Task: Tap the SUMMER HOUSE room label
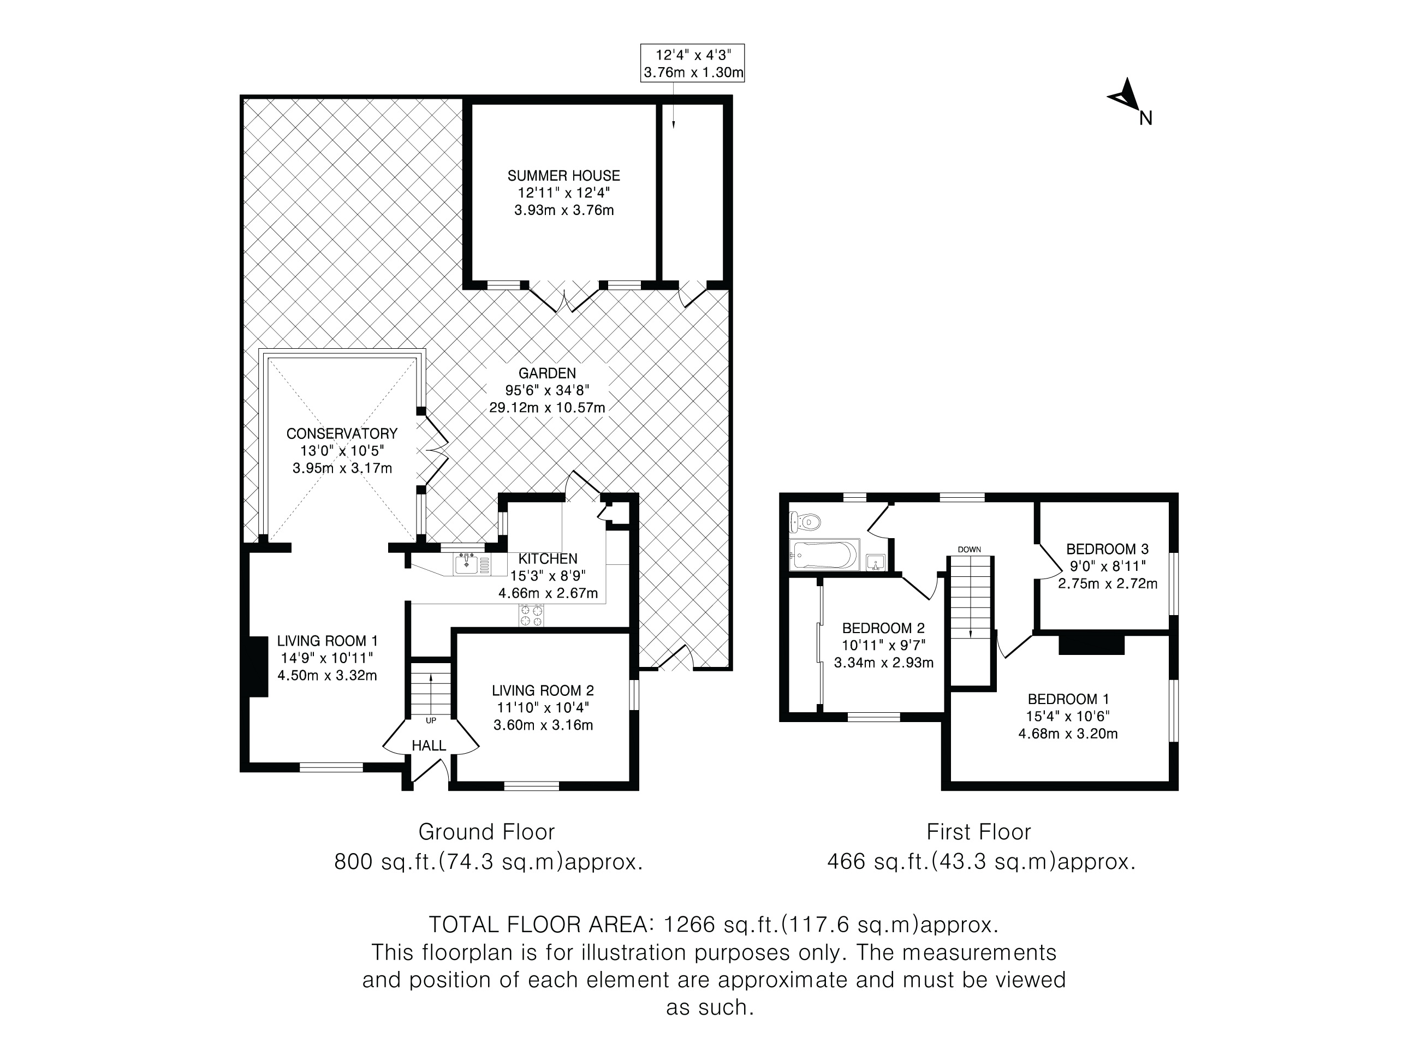click(563, 176)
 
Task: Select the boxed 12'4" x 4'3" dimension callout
click(693, 63)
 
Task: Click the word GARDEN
click(547, 373)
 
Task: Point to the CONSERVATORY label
click(342, 433)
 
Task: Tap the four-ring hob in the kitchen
click(531, 615)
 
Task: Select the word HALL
click(429, 746)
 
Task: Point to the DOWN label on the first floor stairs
click(970, 550)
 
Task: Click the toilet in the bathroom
click(805, 522)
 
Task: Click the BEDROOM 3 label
click(1107, 549)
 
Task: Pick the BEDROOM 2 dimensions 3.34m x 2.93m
click(883, 663)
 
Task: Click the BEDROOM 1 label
click(1068, 699)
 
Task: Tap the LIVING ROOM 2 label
click(543, 691)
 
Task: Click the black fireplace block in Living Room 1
click(258, 666)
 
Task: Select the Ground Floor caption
click(486, 832)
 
